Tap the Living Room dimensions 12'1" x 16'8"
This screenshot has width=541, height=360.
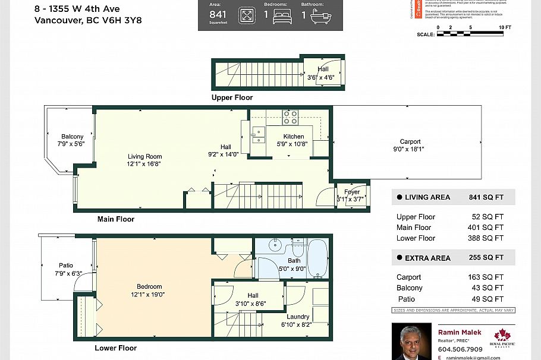coord(144,164)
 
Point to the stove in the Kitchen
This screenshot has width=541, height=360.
coord(290,118)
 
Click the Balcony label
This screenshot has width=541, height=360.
coord(72,137)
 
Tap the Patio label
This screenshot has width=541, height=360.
coord(65,266)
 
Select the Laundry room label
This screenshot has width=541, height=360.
coord(295,317)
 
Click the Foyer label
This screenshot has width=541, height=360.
coord(352,192)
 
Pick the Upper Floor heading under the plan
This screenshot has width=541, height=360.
coord(232,97)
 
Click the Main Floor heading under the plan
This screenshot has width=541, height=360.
coord(116,219)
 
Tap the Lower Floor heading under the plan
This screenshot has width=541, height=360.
coord(115,348)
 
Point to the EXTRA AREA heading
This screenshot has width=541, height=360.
coord(427,258)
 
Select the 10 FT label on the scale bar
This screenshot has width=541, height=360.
coord(505,28)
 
